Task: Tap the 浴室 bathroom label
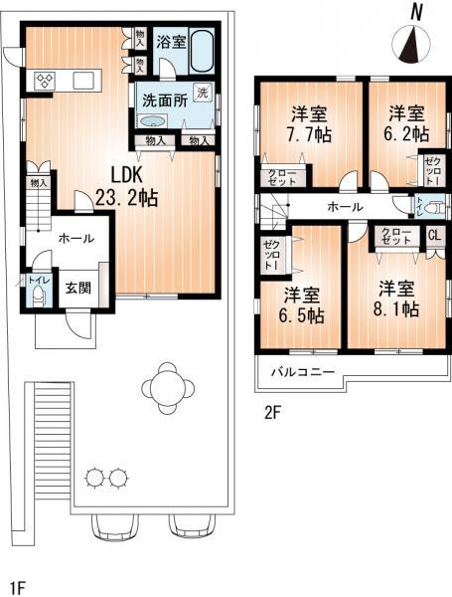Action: pyautogui.click(x=172, y=42)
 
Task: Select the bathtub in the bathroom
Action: pyautogui.click(x=203, y=50)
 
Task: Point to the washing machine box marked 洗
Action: pyautogui.click(x=202, y=93)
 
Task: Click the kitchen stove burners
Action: pyautogui.click(x=45, y=81)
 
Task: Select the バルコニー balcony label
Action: pyautogui.click(x=304, y=373)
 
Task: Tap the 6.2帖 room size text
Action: pyautogui.click(x=407, y=132)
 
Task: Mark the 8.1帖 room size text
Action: pyautogui.click(x=396, y=309)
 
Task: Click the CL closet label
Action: pyautogui.click(x=434, y=236)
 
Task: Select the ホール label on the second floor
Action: pyautogui.click(x=344, y=207)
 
